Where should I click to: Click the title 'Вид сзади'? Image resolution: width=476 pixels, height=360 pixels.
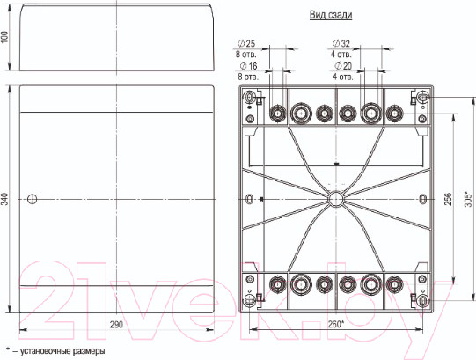(331, 15)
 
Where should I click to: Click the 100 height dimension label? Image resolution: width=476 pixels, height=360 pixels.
(4, 36)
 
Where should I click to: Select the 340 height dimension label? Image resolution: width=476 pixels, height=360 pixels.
(4, 199)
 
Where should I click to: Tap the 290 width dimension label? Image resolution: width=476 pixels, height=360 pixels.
(116, 325)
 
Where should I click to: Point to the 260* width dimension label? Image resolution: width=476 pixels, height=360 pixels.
(336, 325)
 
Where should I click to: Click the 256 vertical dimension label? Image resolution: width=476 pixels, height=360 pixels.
(448, 199)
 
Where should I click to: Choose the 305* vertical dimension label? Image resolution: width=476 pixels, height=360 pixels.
(469, 199)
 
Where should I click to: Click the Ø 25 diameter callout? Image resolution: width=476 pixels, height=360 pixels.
(246, 44)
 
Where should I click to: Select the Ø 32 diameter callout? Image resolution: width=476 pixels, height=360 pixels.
(341, 44)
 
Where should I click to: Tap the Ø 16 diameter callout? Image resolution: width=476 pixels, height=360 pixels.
(248, 66)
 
